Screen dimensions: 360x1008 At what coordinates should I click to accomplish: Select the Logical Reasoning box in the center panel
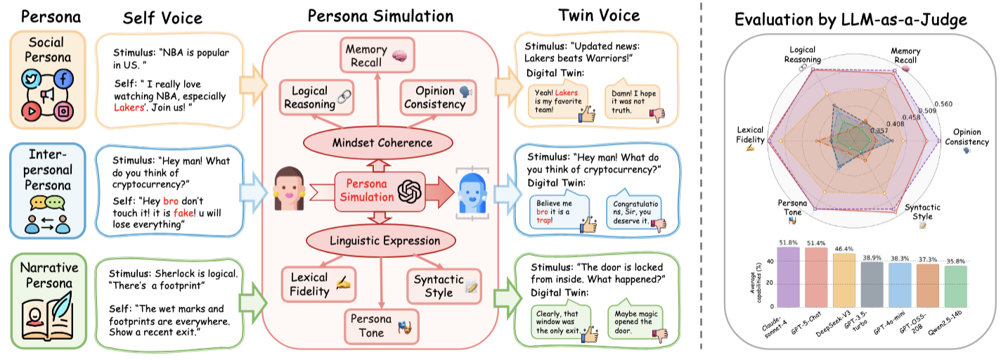coord(314,97)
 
